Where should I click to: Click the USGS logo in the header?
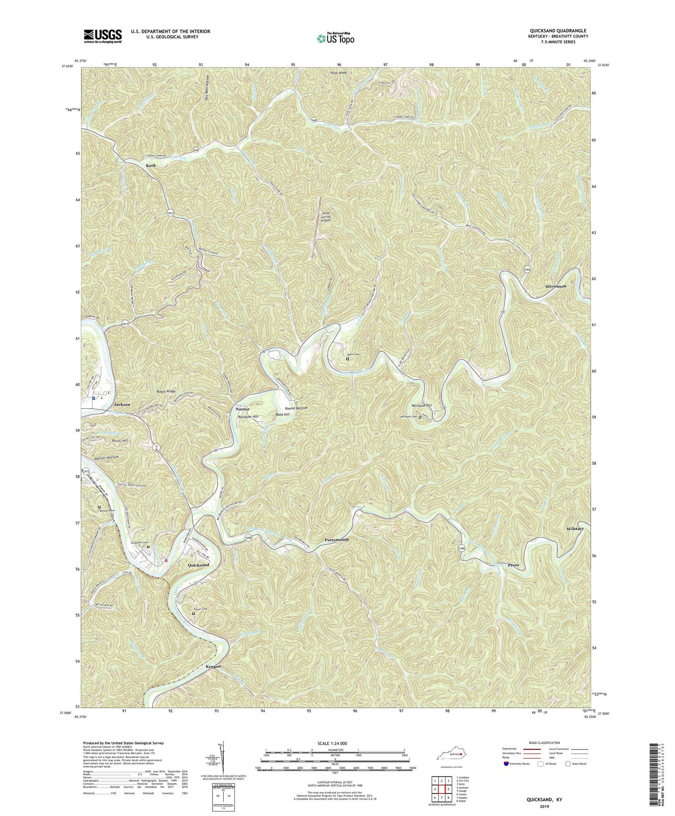(103, 36)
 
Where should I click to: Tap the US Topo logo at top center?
(335, 38)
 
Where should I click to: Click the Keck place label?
(151, 166)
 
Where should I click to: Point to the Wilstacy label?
(575, 529)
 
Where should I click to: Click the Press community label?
(513, 565)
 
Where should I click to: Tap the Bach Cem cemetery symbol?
(347, 359)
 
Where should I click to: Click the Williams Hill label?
(422, 406)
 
